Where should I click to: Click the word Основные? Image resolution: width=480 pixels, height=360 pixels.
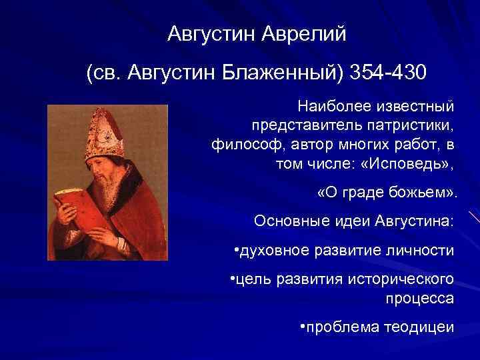tap(286, 220)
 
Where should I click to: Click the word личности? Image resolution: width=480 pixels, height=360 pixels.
tap(423, 251)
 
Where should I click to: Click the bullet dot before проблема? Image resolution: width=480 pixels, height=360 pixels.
tap(303, 327)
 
